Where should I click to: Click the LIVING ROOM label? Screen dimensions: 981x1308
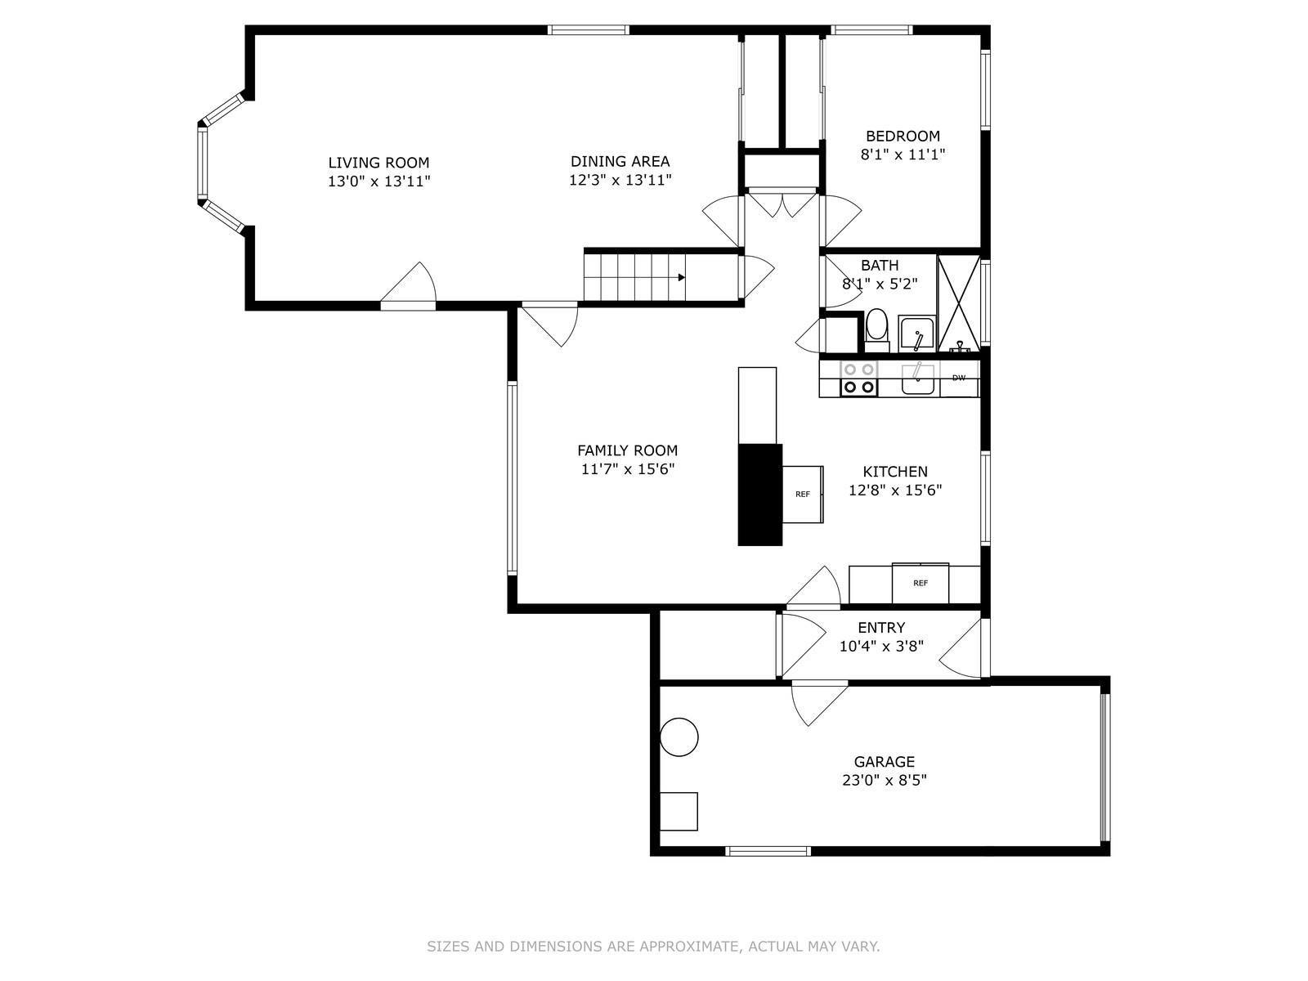[379, 163]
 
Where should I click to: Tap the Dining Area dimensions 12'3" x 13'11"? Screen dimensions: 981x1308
[620, 181]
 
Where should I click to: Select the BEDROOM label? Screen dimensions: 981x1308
[903, 136]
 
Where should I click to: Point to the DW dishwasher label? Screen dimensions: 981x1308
[959, 378]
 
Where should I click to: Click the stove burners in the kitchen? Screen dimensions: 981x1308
[859, 379]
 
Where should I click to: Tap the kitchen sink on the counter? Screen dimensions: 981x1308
[919, 379]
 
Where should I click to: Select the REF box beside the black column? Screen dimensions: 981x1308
[803, 494]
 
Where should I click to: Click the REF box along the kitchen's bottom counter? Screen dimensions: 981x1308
[921, 583]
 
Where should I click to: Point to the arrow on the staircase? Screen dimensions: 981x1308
[680, 277]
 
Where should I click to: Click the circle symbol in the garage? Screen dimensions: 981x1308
[679, 737]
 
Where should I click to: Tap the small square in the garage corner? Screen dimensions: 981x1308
[679, 811]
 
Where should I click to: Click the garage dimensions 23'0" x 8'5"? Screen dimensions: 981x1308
[885, 780]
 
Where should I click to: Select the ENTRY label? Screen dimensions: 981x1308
[881, 627]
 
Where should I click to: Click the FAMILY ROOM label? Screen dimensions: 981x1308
[627, 450]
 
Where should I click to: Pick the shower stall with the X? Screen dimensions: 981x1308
[958, 302]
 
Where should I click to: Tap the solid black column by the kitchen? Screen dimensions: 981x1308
[759, 495]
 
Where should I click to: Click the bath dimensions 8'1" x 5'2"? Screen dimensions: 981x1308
[880, 284]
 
